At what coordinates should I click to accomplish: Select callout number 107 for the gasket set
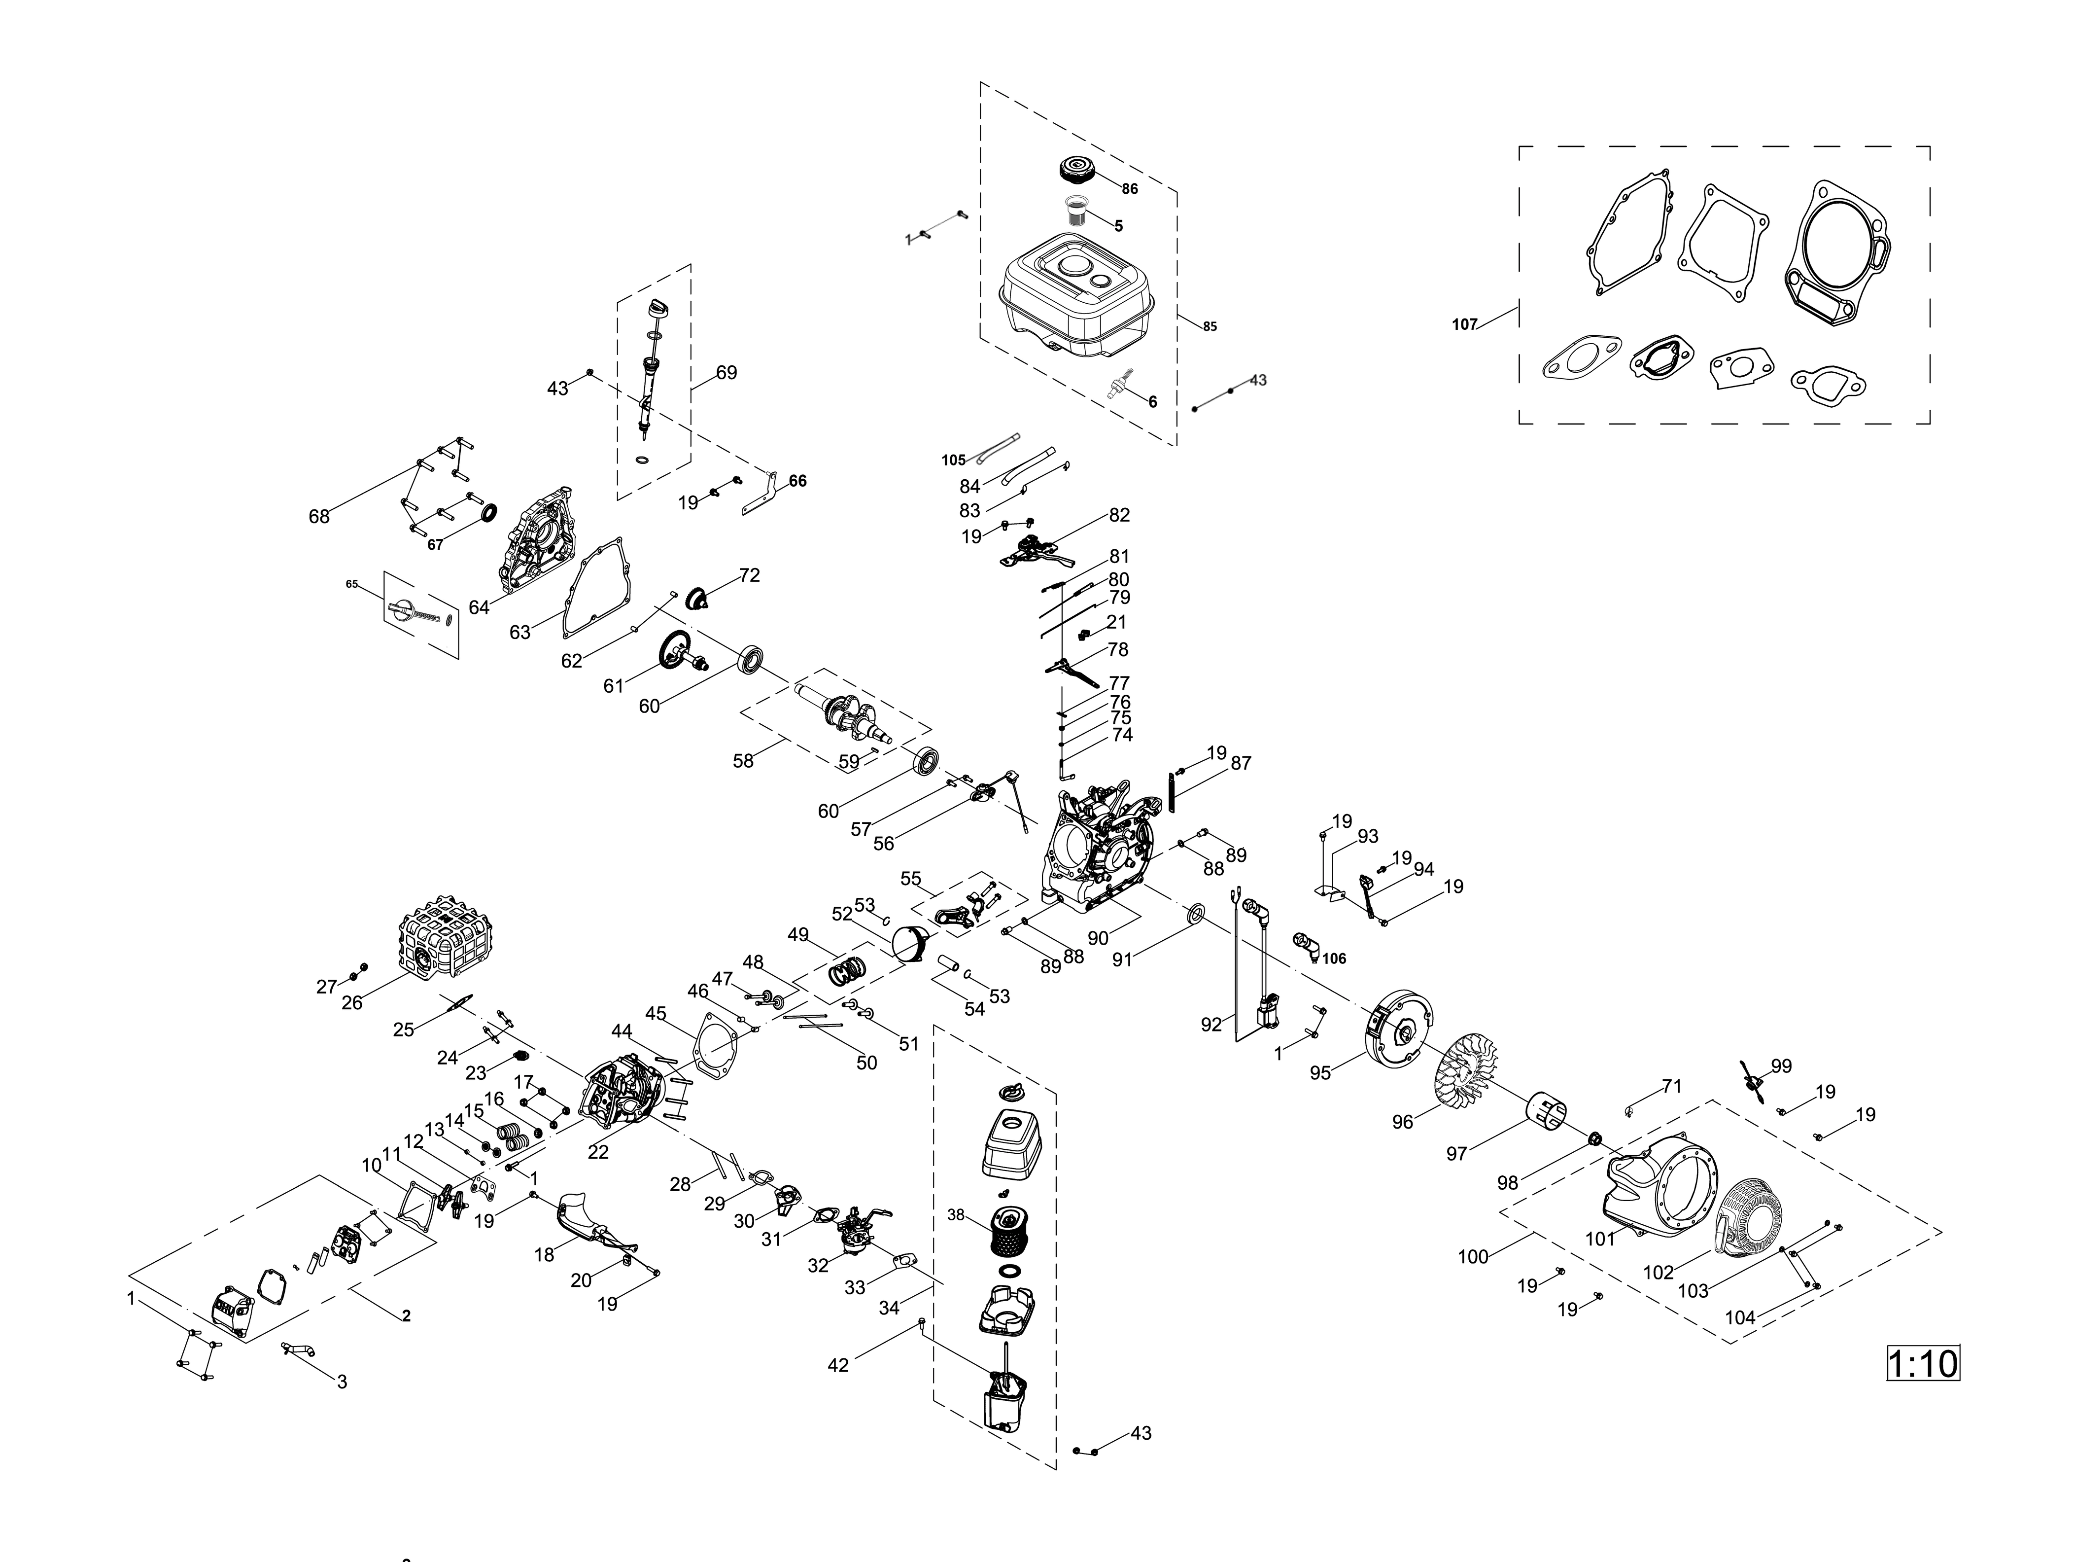[x=1464, y=324]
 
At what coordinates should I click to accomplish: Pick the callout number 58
[x=743, y=761]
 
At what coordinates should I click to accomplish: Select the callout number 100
[x=1473, y=1256]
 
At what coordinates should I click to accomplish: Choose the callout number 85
[x=1210, y=326]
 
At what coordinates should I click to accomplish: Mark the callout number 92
[x=1211, y=1025]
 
